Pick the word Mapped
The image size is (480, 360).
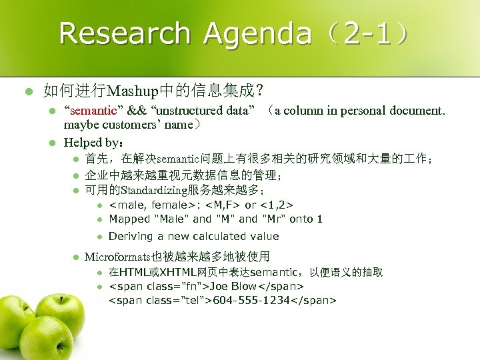point(129,219)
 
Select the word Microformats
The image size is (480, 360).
point(118,256)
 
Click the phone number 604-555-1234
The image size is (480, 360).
point(251,300)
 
